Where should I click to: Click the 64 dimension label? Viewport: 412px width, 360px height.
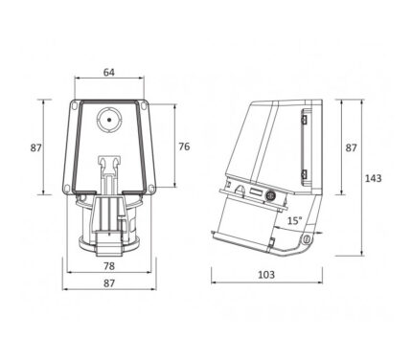(x=108, y=72)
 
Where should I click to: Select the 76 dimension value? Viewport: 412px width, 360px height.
(x=184, y=146)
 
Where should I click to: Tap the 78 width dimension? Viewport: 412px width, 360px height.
(x=109, y=265)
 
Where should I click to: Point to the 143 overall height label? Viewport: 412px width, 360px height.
(x=373, y=178)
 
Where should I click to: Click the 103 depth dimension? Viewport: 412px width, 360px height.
(x=266, y=274)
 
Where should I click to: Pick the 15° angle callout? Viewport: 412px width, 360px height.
(x=295, y=220)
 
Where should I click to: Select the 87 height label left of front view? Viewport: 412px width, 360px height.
(x=36, y=147)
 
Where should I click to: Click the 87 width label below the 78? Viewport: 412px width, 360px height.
(x=109, y=282)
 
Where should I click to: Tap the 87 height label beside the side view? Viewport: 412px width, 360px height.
(x=351, y=147)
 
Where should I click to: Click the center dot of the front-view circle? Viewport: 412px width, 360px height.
(x=109, y=120)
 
